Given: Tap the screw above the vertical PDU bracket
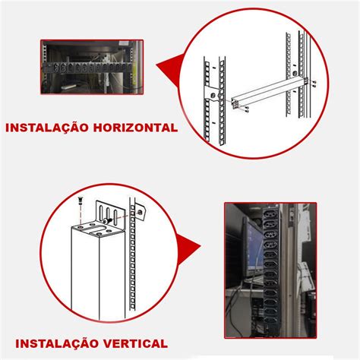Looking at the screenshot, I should click(79, 201).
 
